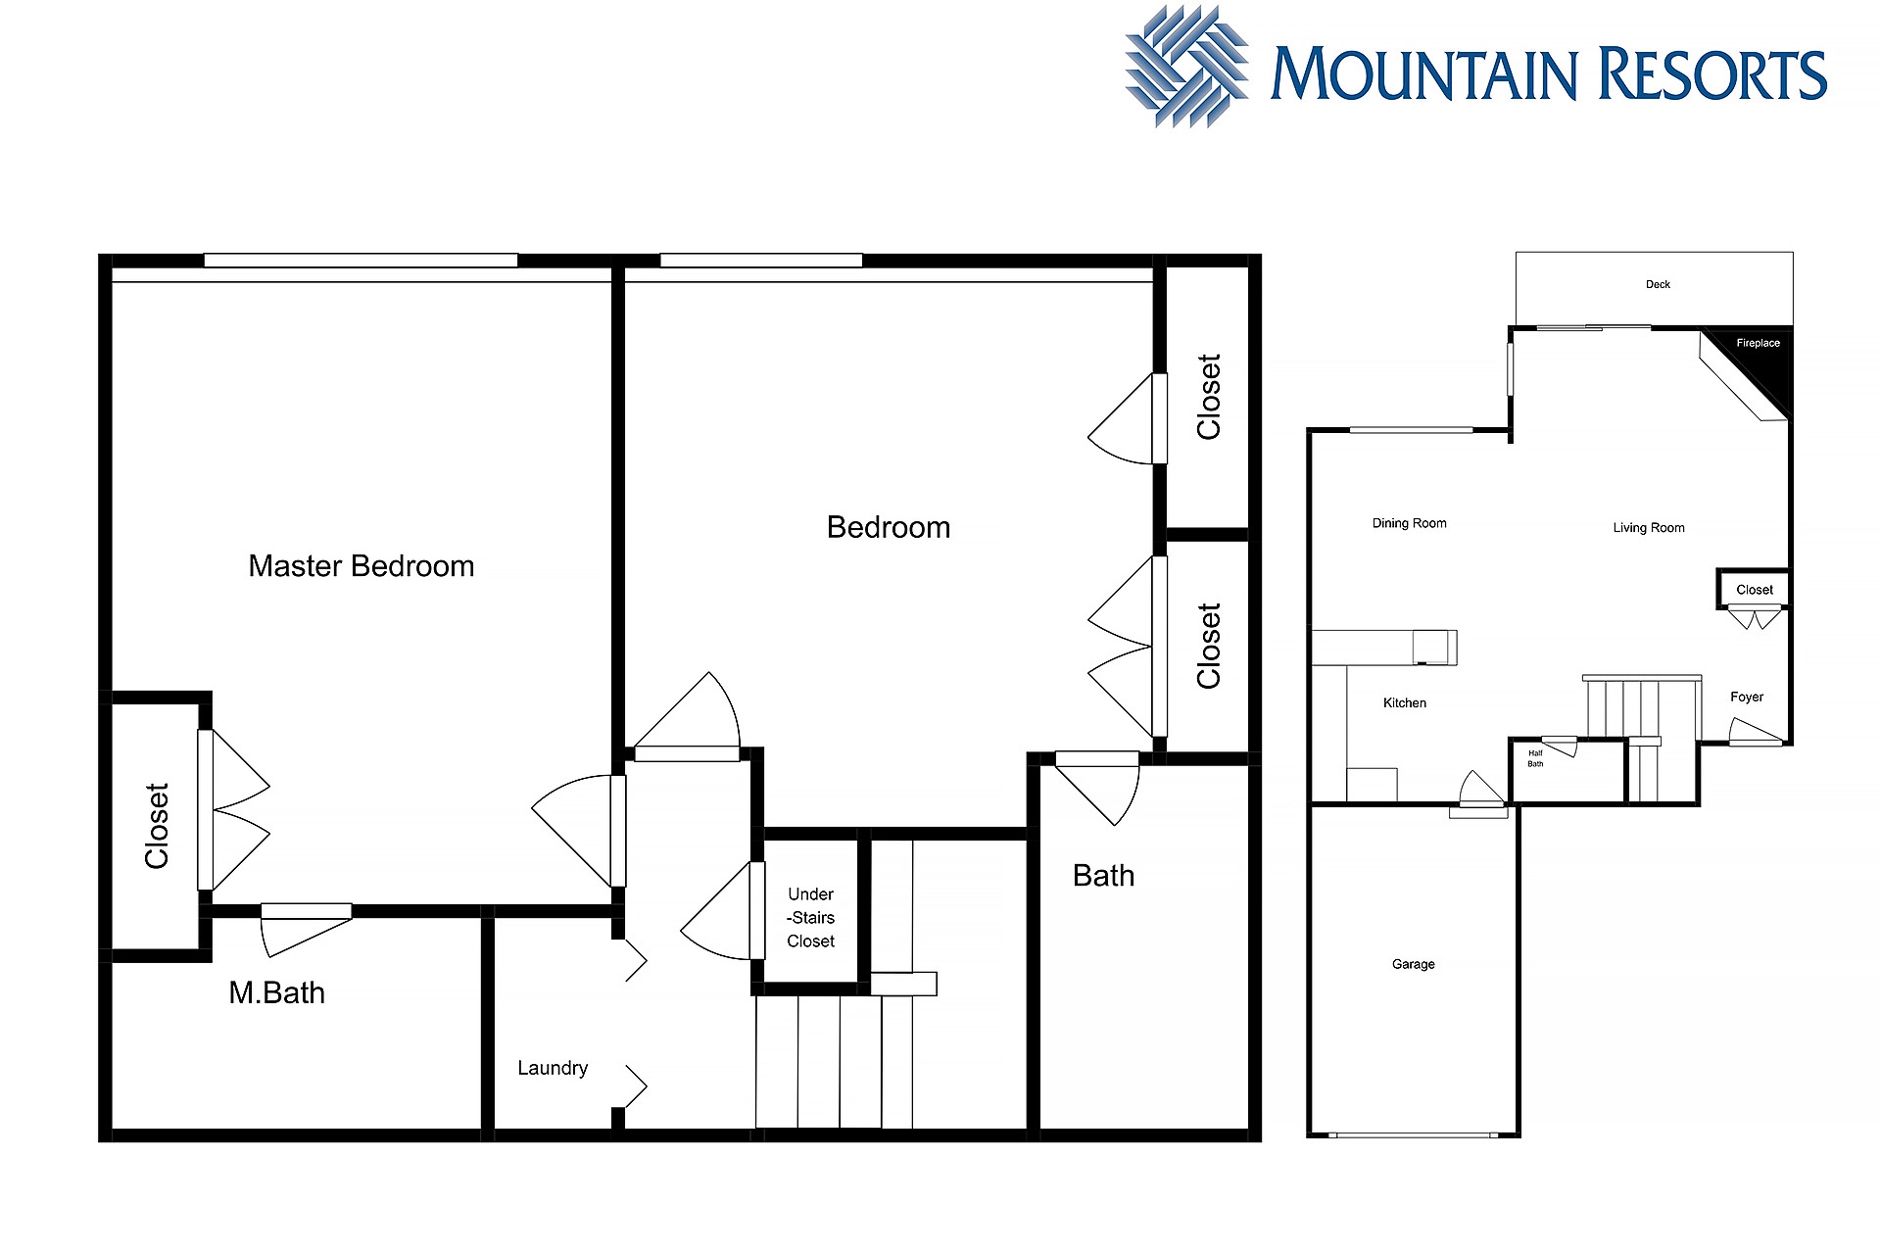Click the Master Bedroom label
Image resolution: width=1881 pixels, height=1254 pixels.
click(361, 566)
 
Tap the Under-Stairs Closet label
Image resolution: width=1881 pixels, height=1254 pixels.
click(811, 918)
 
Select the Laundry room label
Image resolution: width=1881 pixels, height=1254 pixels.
click(553, 1069)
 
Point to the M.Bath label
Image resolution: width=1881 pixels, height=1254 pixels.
click(276, 993)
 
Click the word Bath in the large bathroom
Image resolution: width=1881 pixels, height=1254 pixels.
click(1103, 876)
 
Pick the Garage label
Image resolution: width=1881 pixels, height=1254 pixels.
click(1413, 965)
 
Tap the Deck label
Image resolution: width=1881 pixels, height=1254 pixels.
click(1658, 285)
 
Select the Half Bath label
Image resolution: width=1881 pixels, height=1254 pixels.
click(1535, 758)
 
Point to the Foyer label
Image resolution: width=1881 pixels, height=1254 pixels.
click(1747, 698)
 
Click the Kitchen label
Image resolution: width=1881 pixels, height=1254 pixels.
click(1405, 703)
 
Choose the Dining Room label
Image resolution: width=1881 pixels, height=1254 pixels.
click(1409, 523)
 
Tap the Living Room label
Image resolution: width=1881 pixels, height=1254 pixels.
click(1649, 528)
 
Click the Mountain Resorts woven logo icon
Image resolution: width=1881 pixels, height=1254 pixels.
click(1187, 67)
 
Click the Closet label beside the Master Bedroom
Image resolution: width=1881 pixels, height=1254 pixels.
click(157, 826)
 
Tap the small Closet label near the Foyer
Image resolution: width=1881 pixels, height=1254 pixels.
click(1755, 590)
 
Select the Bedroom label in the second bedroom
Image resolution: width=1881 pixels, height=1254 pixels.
click(889, 528)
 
